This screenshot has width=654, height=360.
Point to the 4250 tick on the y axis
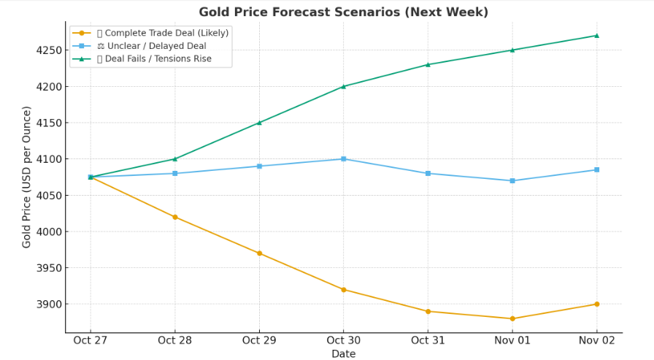coord(49,50)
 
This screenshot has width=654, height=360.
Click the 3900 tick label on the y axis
coord(49,305)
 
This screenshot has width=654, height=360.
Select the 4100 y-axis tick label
coord(49,159)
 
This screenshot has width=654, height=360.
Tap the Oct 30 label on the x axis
coord(344,340)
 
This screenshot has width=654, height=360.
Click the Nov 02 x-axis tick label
coord(597,340)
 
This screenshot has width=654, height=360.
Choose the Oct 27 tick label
coord(90,340)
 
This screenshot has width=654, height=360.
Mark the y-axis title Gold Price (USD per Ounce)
coord(26,177)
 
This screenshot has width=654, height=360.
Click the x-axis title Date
coord(344,353)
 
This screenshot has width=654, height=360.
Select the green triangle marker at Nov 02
coord(597,36)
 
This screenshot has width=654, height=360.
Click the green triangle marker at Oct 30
coord(344,86)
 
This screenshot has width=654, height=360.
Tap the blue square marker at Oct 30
coord(344,159)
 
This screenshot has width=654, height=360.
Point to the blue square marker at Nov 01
coord(512,180)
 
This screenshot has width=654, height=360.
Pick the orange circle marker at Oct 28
coord(174,217)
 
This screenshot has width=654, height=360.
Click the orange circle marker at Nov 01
coord(512,318)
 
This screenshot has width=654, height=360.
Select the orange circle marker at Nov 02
coord(597,304)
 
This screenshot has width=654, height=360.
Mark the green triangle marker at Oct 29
coord(259,123)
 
